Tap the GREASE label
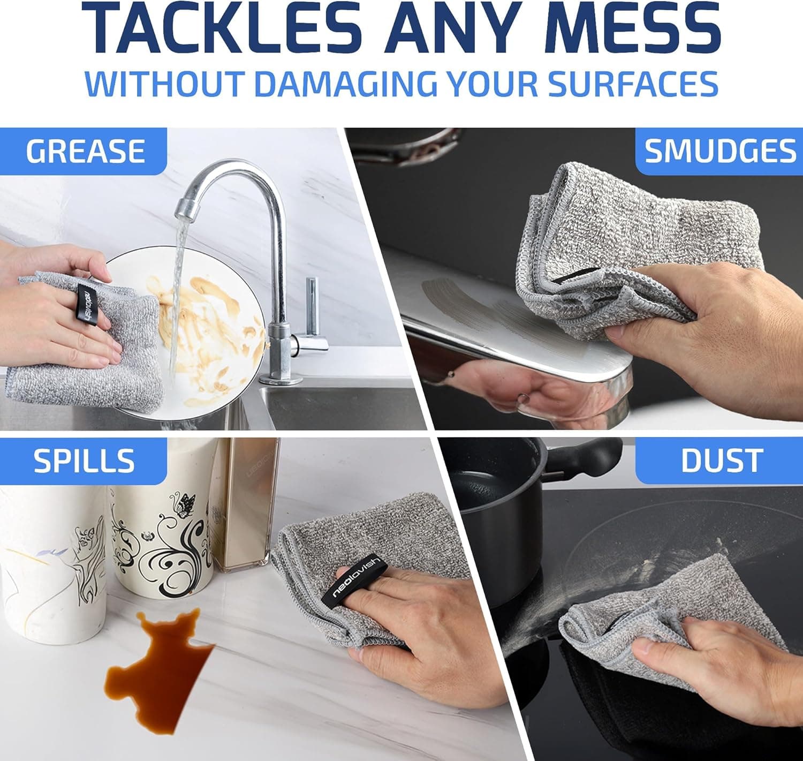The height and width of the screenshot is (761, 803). [85, 151]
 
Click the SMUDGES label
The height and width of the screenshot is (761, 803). [720, 151]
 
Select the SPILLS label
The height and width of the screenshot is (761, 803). [84, 461]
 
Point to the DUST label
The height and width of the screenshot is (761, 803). [721, 461]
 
